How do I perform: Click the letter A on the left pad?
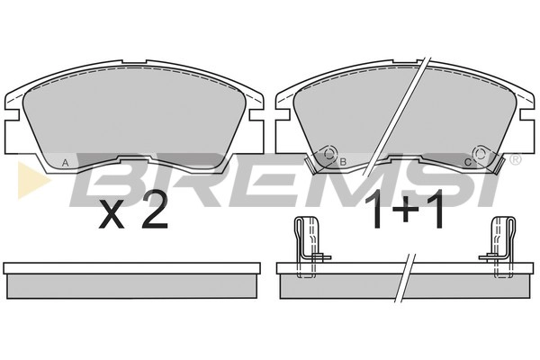(x=65, y=164)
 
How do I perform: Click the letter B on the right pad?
(x=343, y=162)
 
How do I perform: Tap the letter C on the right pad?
(x=468, y=162)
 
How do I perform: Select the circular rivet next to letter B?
(x=329, y=154)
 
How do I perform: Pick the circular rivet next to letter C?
(x=480, y=153)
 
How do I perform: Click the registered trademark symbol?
(x=515, y=159)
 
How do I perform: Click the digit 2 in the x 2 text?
(x=156, y=210)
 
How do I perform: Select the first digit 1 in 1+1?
(x=377, y=210)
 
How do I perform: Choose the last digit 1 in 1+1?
(x=436, y=210)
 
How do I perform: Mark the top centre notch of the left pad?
(x=134, y=61)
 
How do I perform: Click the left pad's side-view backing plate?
(x=131, y=268)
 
